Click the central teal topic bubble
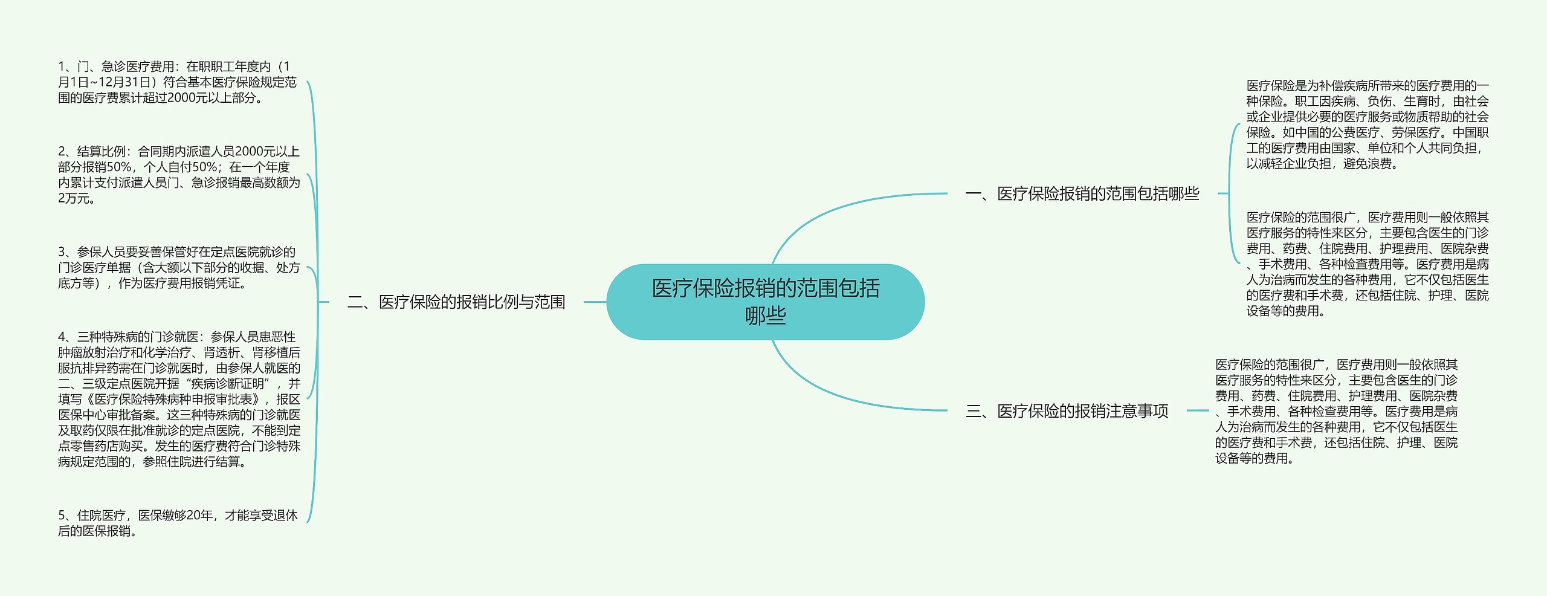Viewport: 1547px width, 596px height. pyautogui.click(x=765, y=301)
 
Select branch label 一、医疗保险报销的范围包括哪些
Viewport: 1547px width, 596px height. pyautogui.click(x=1082, y=193)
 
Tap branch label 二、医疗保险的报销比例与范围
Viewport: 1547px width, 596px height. pyautogui.click(x=456, y=302)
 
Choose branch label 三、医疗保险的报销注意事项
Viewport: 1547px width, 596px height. pyautogui.click(x=1067, y=411)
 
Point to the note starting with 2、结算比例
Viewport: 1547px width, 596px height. pyautogui.click(x=179, y=175)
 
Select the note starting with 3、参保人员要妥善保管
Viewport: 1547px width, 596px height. pyautogui.click(x=179, y=267)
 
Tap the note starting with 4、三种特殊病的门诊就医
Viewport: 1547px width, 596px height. pyautogui.click(x=179, y=399)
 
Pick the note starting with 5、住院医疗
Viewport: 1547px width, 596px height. pyautogui.click(x=178, y=523)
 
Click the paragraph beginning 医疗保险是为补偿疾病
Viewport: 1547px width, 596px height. pyautogui.click(x=1367, y=125)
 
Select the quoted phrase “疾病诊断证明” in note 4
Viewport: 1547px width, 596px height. pyautogui.click(x=228, y=383)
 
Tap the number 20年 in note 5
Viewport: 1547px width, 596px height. pyautogui.click(x=200, y=515)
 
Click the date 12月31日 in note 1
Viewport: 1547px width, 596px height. pyautogui.click(x=127, y=82)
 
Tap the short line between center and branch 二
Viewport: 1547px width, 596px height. pyautogui.click(x=595, y=302)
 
